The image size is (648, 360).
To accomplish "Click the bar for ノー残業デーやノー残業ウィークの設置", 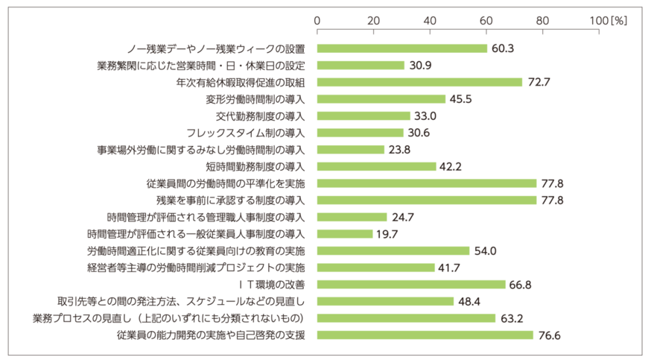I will click(402, 48).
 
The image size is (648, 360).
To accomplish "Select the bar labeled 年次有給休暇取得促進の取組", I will click(419, 82).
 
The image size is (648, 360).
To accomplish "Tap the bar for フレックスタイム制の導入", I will click(360, 133).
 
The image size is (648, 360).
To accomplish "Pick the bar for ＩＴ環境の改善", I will click(411, 284).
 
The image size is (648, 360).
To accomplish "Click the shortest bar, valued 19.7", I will click(345, 234).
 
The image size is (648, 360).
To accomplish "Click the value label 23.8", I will click(400, 149).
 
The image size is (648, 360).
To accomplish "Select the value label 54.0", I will click(485, 250).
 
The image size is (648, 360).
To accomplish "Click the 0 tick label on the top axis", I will click(318, 20).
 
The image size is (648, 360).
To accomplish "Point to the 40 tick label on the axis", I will click(430, 20).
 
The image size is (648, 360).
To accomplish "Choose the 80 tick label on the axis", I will click(542, 20).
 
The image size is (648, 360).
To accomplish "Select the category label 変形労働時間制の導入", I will click(255, 99).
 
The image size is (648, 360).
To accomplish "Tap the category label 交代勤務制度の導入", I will click(261, 116).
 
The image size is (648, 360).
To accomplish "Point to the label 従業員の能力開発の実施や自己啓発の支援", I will click(211, 335).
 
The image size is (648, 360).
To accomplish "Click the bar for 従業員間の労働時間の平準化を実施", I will click(427, 183).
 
